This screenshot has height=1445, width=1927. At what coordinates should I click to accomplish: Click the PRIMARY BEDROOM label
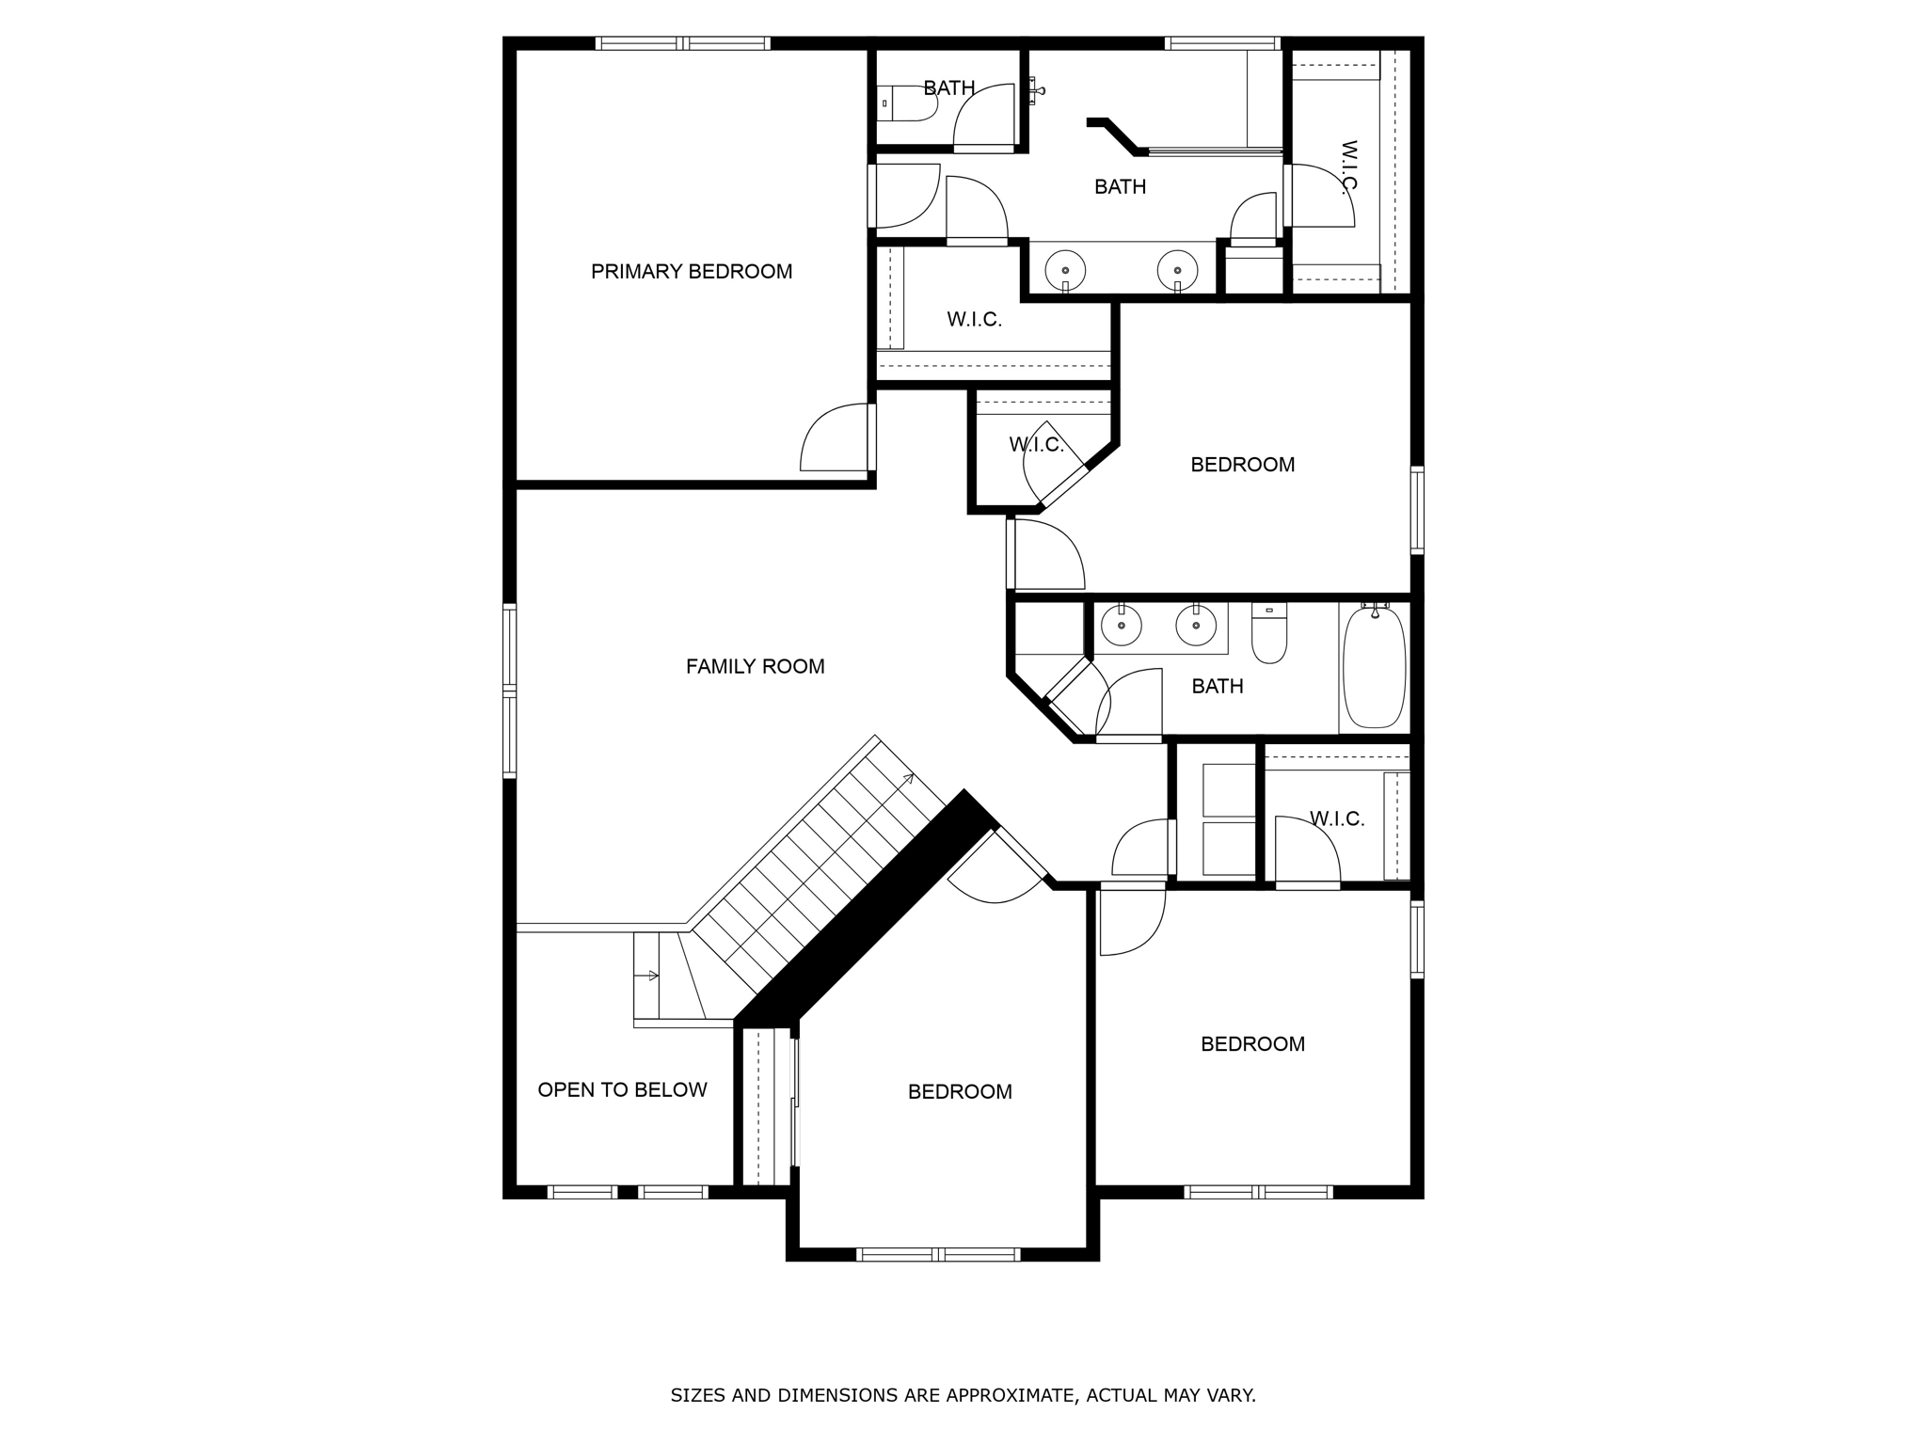(x=692, y=272)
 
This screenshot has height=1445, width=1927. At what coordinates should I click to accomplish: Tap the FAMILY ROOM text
(x=755, y=667)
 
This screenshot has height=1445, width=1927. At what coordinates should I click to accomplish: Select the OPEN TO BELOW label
(x=622, y=1090)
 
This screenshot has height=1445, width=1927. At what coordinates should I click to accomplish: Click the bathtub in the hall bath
(x=1374, y=668)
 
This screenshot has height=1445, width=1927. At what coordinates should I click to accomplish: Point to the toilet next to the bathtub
(x=1269, y=634)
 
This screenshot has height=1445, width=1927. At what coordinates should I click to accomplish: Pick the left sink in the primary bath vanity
(x=1065, y=271)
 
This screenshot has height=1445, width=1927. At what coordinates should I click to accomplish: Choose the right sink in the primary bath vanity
(x=1177, y=271)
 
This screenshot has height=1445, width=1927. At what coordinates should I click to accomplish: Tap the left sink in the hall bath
(x=1122, y=626)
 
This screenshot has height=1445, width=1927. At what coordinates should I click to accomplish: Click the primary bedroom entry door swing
(x=836, y=440)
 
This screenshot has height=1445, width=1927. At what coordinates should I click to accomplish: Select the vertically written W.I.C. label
(x=1348, y=166)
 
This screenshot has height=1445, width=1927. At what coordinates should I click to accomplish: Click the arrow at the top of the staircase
(x=909, y=778)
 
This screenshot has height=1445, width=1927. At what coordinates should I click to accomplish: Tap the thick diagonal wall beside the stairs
(x=866, y=908)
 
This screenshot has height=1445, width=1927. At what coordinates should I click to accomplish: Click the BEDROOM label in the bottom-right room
(x=1252, y=1044)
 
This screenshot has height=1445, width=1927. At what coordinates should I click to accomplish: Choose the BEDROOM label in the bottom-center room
(x=960, y=1092)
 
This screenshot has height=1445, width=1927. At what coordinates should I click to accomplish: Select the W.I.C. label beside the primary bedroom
(x=974, y=320)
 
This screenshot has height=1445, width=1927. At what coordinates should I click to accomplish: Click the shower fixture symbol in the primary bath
(x=1036, y=90)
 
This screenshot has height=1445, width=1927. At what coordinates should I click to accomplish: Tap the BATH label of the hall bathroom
(x=1217, y=687)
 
